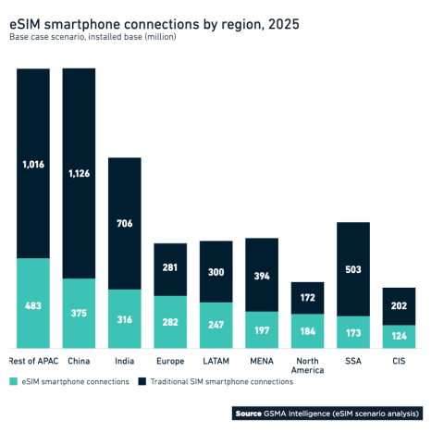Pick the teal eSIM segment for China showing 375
(79, 313)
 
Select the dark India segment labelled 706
(125, 223)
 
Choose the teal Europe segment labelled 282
(170, 322)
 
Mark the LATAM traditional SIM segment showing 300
(216, 272)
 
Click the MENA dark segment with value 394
(262, 275)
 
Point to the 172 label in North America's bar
(308, 298)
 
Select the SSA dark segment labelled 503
(353, 269)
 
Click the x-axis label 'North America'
(308, 365)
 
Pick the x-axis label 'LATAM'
(216, 361)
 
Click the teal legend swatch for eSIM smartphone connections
(14, 381)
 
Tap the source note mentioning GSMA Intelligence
(328, 412)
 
